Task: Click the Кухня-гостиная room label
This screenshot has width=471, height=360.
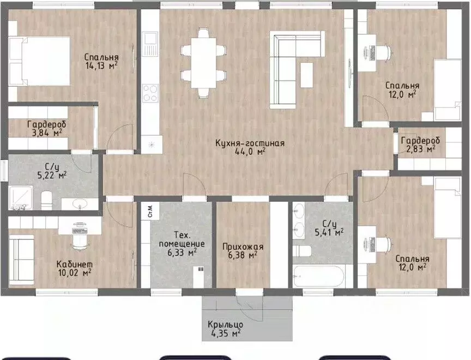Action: [x=250, y=143]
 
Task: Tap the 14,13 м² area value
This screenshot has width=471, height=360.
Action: [x=101, y=65]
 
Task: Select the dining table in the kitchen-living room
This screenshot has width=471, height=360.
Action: [x=204, y=63]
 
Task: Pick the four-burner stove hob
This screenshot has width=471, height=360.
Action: [x=150, y=93]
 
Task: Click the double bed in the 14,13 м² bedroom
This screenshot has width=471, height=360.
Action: [x=39, y=61]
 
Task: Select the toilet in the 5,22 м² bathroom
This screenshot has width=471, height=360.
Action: [x=46, y=200]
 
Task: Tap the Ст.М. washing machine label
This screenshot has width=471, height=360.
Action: [x=150, y=211]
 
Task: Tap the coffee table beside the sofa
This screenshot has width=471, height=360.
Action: [x=306, y=75]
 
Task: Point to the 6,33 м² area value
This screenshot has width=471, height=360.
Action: [x=182, y=253]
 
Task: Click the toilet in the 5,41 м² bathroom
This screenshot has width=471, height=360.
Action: [x=302, y=251]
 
